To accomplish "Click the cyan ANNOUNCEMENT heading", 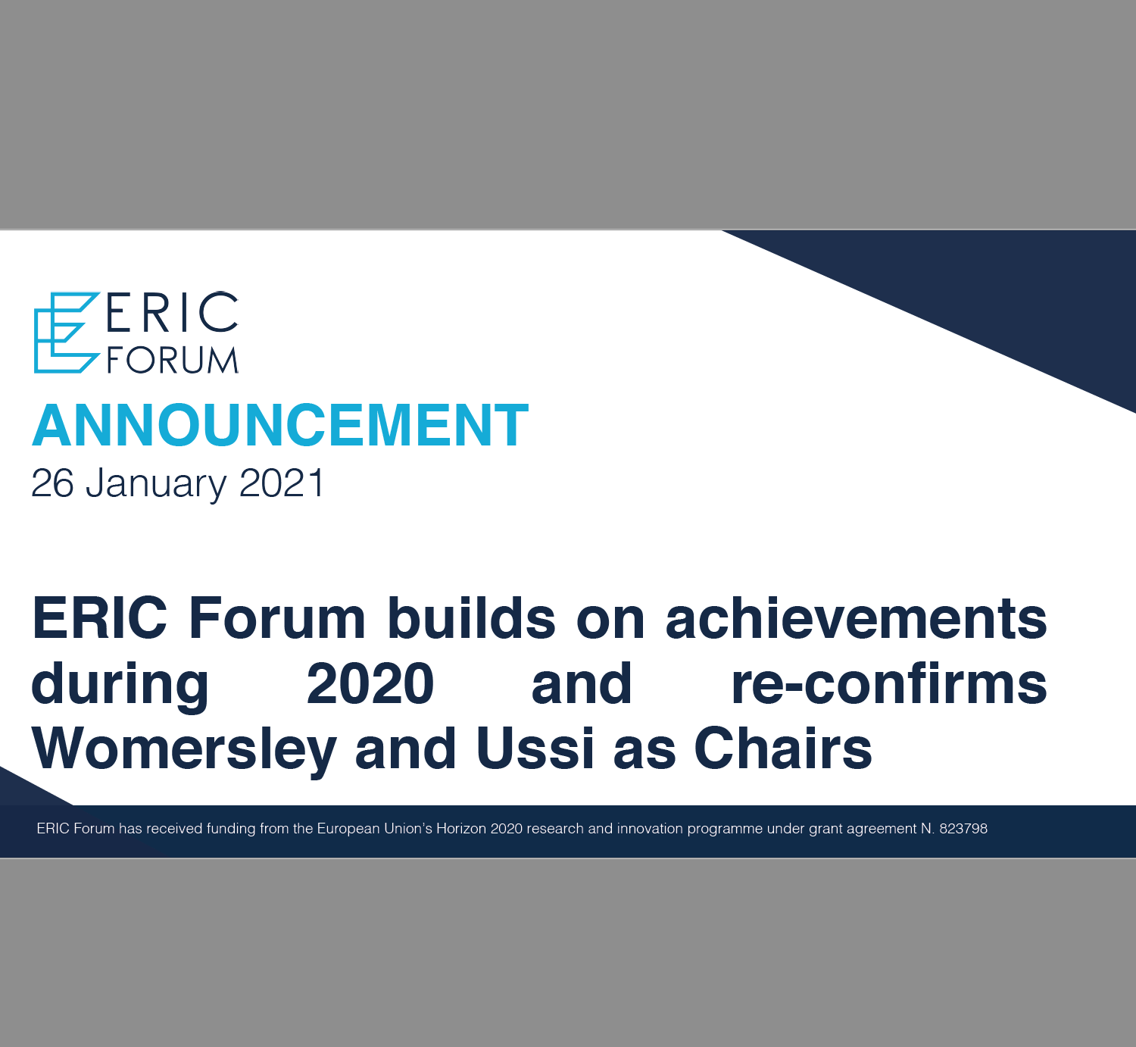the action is (280, 425).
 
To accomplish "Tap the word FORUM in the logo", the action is (173, 360).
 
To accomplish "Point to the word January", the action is (156, 484).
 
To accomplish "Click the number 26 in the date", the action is (53, 483).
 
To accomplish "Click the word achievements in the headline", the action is (857, 618).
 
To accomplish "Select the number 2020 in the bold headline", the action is (370, 683).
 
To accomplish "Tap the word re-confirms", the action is (889, 683).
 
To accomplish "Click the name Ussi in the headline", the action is (535, 749).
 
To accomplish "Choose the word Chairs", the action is (782, 749).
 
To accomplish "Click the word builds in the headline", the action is (471, 618).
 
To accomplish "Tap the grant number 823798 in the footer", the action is (963, 828).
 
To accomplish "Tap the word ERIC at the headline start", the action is (100, 618).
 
